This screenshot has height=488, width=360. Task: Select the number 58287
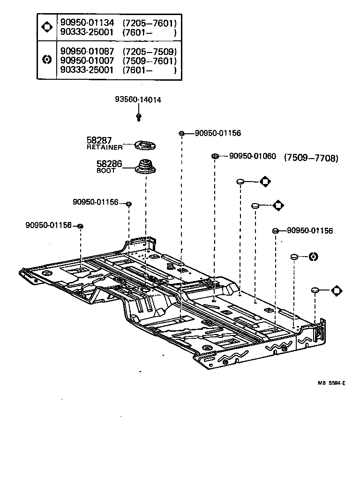(x=99, y=140)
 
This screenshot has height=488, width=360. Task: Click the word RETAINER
(x=105, y=147)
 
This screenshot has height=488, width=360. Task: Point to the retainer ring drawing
(x=145, y=145)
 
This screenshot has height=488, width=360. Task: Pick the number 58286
(x=109, y=164)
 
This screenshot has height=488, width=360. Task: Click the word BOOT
(x=105, y=171)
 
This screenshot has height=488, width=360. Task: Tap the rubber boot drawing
(x=145, y=168)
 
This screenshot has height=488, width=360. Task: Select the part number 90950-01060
(x=253, y=156)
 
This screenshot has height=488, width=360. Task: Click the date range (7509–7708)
(x=311, y=158)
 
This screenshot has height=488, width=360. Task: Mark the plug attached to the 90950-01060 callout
(x=215, y=156)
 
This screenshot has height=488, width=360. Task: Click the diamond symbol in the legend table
(x=47, y=27)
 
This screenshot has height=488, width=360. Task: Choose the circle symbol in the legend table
(x=47, y=60)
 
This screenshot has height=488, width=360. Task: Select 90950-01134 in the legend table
(x=87, y=22)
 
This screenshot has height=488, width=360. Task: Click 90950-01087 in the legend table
(x=87, y=51)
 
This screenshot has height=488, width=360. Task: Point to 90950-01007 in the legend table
(x=87, y=61)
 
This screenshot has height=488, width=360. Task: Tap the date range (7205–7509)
(x=150, y=51)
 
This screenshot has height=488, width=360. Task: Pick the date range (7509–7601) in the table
(x=150, y=61)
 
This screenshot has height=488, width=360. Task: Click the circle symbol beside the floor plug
(x=314, y=256)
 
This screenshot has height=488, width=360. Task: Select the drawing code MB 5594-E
(x=331, y=383)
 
